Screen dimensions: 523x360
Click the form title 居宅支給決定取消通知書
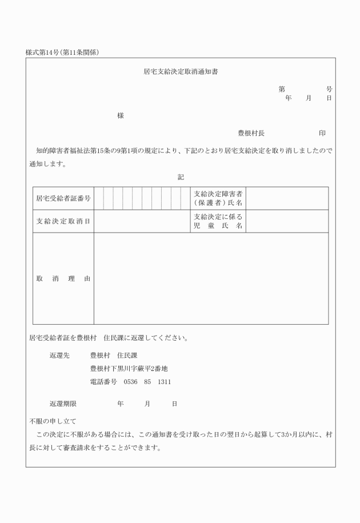click(180, 73)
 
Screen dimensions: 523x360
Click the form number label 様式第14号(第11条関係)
click(63, 53)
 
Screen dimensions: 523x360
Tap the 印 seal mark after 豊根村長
click(322, 133)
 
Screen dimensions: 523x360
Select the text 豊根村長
click(251, 133)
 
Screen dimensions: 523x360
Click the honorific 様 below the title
click(121, 115)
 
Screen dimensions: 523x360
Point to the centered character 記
click(181, 177)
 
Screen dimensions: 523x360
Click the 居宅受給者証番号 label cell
click(63, 198)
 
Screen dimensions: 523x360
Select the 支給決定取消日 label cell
click(63, 221)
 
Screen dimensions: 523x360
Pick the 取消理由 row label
click(63, 279)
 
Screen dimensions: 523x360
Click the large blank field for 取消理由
click(211, 279)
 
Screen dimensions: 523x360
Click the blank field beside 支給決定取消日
click(142, 221)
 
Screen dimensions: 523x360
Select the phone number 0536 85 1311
click(147, 381)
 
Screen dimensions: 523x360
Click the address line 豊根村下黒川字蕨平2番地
click(129, 368)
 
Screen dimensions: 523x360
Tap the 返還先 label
click(59, 355)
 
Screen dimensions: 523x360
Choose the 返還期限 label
click(63, 404)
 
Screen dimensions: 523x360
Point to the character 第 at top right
click(282, 89)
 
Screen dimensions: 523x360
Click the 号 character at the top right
click(329, 89)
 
